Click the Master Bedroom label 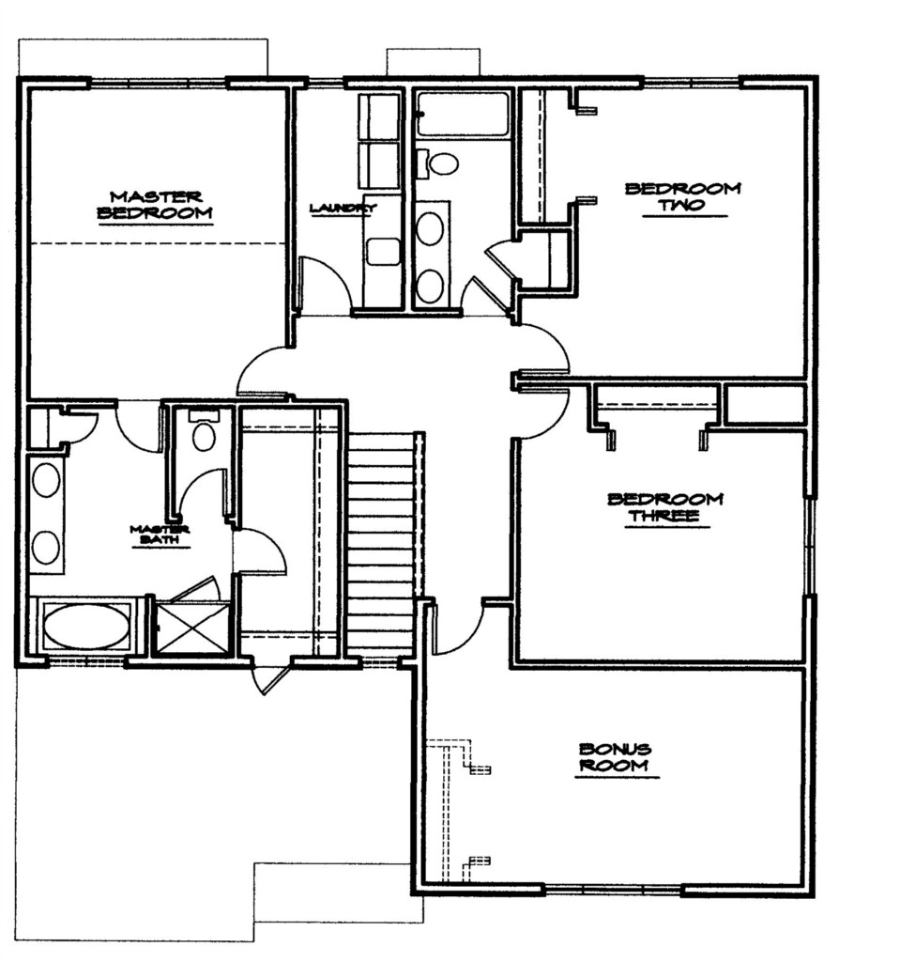pyautogui.click(x=155, y=206)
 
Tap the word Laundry pyautogui.click(x=343, y=209)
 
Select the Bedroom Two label pyautogui.click(x=683, y=197)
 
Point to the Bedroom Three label pyautogui.click(x=665, y=507)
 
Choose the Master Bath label pyautogui.click(x=160, y=535)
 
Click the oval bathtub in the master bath pyautogui.click(x=87, y=627)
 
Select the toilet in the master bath pyautogui.click(x=204, y=430)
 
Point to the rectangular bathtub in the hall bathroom pyautogui.click(x=463, y=114)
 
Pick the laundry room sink pyautogui.click(x=383, y=252)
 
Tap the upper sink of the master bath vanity pyautogui.click(x=46, y=480)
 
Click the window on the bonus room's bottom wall pyautogui.click(x=614, y=889)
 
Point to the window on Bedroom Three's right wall pyautogui.click(x=810, y=546)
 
